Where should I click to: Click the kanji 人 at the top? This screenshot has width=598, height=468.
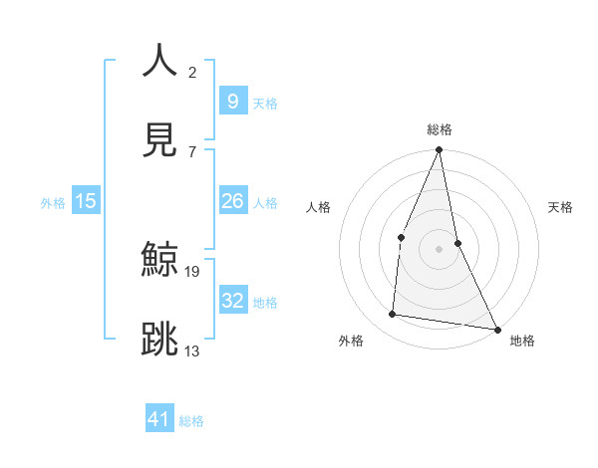pos(160,61)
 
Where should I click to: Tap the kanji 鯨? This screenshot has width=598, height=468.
pos(160,260)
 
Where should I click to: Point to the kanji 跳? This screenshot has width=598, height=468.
pos(160,340)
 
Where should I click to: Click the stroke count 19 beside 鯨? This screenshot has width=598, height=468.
pos(193,271)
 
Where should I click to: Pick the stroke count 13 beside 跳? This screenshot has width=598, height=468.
pos(193,351)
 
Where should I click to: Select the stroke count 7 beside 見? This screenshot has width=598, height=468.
pos(192,151)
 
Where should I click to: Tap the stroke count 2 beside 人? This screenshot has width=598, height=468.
pos(192,72)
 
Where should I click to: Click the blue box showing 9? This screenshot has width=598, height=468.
pos(232,101)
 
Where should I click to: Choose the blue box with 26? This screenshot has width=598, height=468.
pos(232,201)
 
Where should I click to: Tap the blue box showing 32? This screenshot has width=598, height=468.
pos(232,300)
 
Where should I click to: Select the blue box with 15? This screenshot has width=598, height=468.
pos(86,201)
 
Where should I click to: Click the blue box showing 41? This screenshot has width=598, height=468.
pos(159,419)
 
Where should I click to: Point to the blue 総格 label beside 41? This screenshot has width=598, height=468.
pos(192,421)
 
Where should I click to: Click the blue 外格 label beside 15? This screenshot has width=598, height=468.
pos(53,203)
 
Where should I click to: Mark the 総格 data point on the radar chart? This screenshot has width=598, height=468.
pos(439,150)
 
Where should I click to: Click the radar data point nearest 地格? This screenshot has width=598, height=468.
pos(496,329)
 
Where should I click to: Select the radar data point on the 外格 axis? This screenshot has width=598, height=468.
pos(393,315)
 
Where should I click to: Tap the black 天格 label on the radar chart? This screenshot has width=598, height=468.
pos(561,207)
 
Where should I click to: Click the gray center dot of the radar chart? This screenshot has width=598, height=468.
pos(439,249)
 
